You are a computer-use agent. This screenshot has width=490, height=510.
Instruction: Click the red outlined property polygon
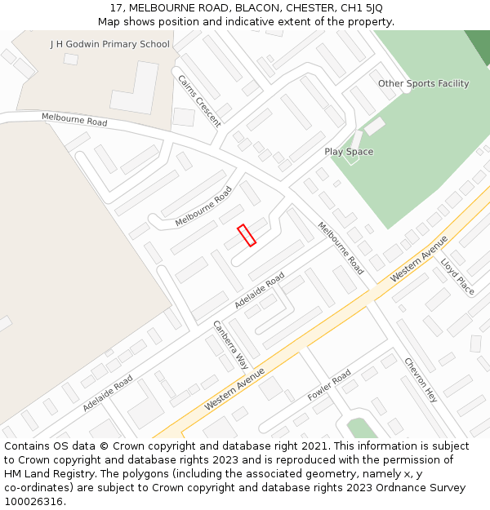(x=247, y=235)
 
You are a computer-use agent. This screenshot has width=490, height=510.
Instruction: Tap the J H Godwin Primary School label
(x=110, y=44)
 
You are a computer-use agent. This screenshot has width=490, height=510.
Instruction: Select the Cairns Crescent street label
(x=199, y=100)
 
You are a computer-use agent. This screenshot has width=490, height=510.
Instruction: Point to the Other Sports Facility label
(x=423, y=83)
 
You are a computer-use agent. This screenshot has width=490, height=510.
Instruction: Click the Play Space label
(x=349, y=152)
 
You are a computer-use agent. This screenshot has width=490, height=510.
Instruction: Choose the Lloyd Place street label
(x=457, y=277)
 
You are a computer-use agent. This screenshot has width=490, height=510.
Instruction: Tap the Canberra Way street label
(x=231, y=344)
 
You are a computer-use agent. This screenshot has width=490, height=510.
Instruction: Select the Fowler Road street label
(x=329, y=385)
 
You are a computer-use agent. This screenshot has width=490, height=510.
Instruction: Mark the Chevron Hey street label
(x=421, y=379)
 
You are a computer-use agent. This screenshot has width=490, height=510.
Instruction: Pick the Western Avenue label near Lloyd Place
(x=419, y=259)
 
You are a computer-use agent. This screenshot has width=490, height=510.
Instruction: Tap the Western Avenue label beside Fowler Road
(x=234, y=389)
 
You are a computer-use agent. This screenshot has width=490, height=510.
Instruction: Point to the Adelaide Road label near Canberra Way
(x=259, y=290)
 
